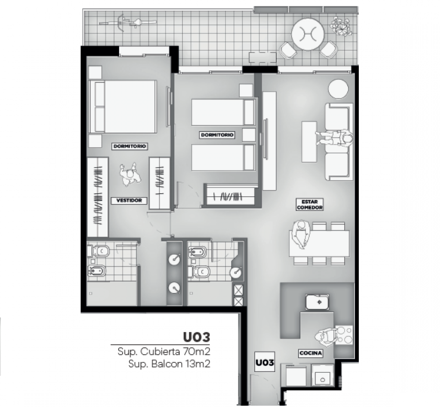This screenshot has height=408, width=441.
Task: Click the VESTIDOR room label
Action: (129, 201)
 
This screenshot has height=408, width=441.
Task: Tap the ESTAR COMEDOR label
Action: (309, 205)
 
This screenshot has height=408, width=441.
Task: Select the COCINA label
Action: (311, 353)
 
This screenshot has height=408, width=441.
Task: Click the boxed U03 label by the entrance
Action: (265, 362)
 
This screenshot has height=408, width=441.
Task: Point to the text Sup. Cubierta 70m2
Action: (163, 352)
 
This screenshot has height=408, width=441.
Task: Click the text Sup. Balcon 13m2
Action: (170, 364)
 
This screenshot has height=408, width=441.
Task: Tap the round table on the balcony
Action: (308, 34)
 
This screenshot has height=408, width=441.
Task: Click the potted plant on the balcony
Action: (341, 26)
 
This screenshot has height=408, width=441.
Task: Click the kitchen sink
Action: (317, 302)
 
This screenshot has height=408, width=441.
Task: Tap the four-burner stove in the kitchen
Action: (344, 335)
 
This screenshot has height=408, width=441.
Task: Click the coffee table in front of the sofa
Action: (309, 142)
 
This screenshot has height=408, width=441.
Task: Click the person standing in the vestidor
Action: (130, 174)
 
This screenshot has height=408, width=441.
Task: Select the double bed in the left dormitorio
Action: (123, 107)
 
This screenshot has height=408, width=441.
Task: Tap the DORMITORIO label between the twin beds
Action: (217, 135)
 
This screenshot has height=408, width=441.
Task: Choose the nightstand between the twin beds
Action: (249, 135)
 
